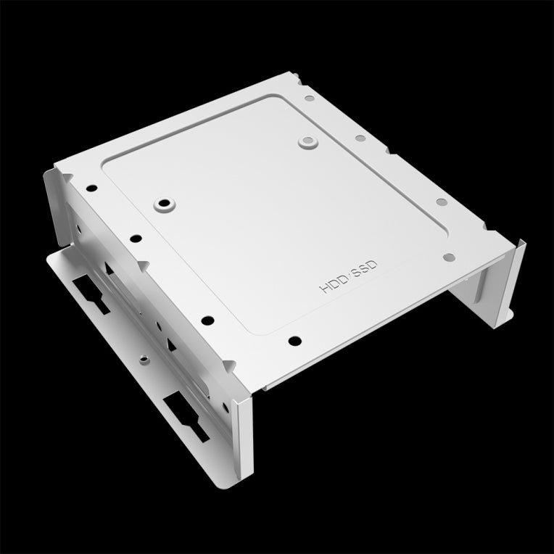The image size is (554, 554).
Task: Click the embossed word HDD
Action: [x=332, y=285]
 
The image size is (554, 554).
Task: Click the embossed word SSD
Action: [x=365, y=271]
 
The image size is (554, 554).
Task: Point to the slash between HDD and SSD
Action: [x=349, y=278]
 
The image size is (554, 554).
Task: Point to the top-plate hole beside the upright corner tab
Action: [x=91, y=188]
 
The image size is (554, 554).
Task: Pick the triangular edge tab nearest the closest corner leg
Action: [x=231, y=365]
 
